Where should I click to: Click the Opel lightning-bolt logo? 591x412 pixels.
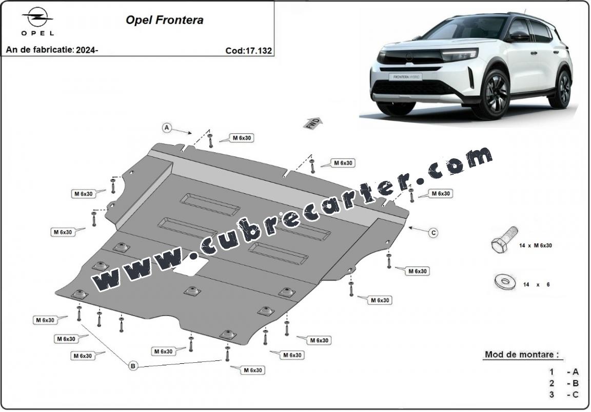37,18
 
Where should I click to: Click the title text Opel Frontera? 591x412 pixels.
164,20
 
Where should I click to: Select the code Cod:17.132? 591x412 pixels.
248,50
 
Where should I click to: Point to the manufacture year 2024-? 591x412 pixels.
87,49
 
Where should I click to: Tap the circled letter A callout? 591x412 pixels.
167,128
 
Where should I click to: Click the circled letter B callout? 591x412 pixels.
132,366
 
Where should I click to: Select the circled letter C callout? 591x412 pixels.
434,233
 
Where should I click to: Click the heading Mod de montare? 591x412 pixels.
521,355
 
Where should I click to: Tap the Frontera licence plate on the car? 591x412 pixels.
405,76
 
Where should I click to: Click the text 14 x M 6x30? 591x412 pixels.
535,245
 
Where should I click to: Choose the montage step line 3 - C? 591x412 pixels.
564,395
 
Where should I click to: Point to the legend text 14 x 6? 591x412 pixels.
536,284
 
